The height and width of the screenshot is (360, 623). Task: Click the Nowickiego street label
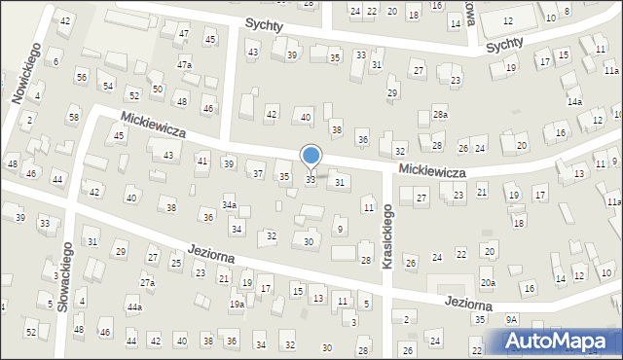click(24, 73)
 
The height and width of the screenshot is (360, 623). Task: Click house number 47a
click(184, 64)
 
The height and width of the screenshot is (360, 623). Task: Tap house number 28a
click(441, 115)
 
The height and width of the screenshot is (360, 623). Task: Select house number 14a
click(574, 101)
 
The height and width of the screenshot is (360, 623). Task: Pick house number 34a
click(229, 205)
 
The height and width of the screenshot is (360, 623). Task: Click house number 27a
click(147, 282)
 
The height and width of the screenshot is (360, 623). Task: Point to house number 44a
click(134, 307)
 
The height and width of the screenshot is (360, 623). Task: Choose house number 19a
click(237, 305)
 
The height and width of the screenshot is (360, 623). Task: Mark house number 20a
click(488, 282)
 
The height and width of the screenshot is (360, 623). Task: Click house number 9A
click(511, 319)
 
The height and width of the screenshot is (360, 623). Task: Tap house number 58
click(73, 118)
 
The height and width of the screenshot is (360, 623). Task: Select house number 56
click(82, 77)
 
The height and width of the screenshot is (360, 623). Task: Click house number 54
click(109, 87)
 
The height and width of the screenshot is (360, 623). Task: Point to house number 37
click(258, 173)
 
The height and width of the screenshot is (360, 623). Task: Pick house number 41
click(202, 161)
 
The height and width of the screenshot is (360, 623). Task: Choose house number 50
click(158, 89)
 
